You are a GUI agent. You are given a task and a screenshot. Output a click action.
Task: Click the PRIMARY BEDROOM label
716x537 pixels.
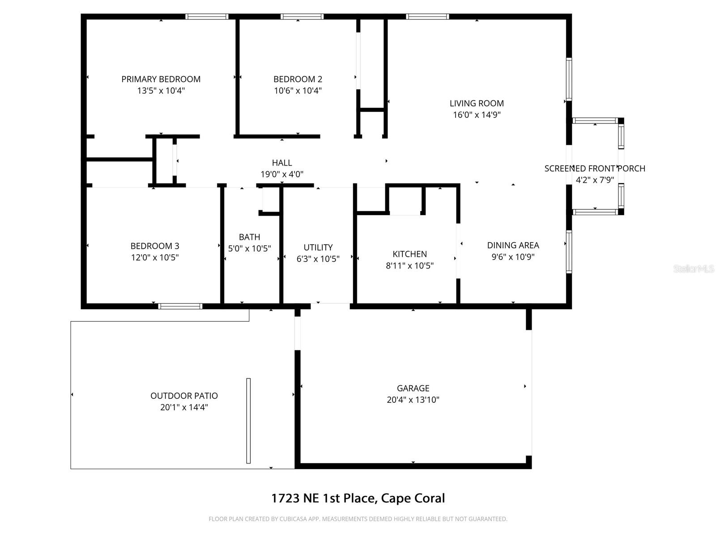point(161,79)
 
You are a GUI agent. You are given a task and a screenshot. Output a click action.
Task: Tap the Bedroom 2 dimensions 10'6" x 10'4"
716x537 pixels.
point(298,91)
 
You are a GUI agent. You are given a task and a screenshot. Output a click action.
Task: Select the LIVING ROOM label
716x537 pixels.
point(477,103)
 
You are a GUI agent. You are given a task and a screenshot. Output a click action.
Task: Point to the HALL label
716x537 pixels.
point(282,163)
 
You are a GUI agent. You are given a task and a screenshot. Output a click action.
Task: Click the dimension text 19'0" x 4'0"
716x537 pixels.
point(282,175)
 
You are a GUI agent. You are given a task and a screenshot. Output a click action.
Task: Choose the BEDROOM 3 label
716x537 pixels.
point(155,246)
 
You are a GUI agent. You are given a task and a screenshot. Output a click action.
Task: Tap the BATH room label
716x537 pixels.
point(249,237)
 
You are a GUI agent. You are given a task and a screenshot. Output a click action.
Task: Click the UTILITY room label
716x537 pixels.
point(318,247)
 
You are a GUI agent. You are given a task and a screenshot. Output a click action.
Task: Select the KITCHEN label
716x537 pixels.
point(409,254)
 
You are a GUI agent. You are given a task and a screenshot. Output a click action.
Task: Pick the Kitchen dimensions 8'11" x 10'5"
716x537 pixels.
point(409,266)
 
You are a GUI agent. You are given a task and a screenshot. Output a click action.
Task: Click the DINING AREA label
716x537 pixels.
point(513,245)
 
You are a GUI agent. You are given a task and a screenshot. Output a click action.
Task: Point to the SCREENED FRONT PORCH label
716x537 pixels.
point(594,169)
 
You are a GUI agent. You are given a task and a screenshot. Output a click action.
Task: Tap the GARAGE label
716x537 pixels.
point(413,388)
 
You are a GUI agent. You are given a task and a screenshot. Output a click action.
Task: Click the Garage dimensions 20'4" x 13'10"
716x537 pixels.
point(413,400)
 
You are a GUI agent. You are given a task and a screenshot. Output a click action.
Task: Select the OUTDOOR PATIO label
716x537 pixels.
point(184,396)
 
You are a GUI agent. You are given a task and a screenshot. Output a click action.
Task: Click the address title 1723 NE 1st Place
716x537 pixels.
point(358,498)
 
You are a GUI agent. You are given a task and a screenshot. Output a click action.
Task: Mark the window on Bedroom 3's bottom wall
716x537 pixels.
point(180,307)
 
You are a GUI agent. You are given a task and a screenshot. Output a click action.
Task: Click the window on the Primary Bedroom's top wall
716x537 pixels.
point(207,17)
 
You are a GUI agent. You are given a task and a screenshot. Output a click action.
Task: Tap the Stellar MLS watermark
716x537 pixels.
point(693,269)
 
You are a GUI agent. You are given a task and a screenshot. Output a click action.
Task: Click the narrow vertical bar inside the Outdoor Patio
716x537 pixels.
point(248,421)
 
